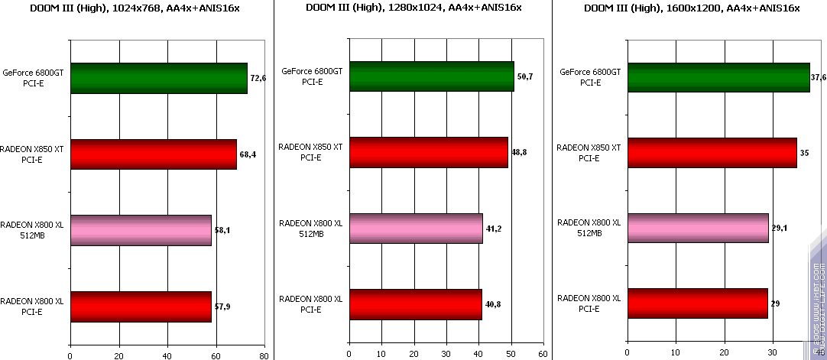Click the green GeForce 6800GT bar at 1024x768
click(x=159, y=78)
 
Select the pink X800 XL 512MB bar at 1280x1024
click(x=416, y=229)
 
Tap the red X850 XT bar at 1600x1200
click(x=712, y=153)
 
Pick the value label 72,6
click(x=258, y=79)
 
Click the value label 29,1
click(x=780, y=229)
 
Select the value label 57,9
click(x=222, y=306)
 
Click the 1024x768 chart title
click(x=135, y=8)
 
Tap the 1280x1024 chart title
click(x=413, y=8)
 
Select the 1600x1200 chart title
click(x=692, y=8)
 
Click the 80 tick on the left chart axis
click(x=264, y=355)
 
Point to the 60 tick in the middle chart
click(x=542, y=355)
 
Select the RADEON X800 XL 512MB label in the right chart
click(x=589, y=228)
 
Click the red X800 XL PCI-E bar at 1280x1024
click(x=416, y=304)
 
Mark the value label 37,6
click(x=819, y=78)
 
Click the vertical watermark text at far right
click(x=819, y=306)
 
